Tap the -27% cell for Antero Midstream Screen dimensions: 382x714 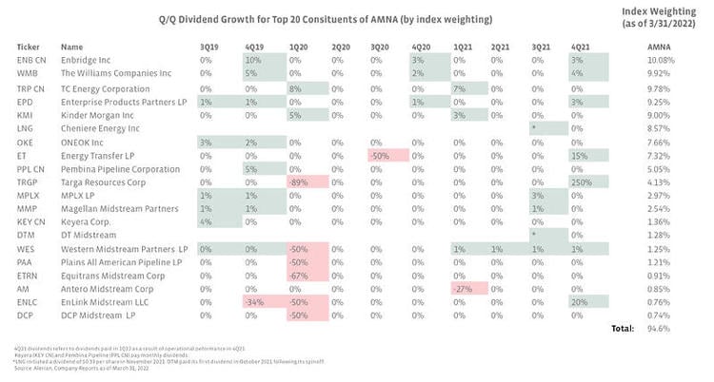tap(462, 287)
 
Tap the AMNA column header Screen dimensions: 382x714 tap(658, 46)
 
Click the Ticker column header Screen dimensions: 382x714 tap(28, 46)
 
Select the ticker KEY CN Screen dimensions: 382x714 tap(30, 220)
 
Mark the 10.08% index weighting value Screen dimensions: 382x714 tap(659, 60)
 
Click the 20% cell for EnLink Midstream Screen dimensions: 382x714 tap(578, 300)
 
